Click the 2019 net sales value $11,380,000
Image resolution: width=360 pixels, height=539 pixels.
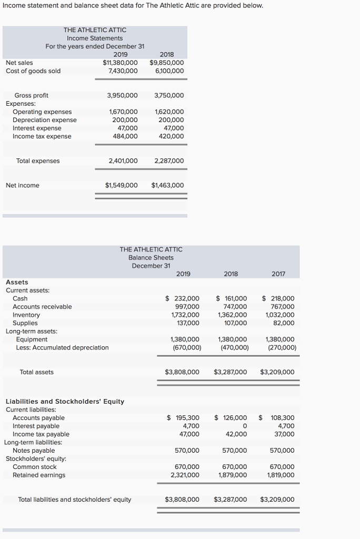[120, 63]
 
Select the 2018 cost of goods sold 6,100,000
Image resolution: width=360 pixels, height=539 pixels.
[170, 71]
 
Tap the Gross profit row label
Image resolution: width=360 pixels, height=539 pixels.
[31, 95]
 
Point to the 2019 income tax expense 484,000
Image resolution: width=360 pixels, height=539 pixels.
[125, 136]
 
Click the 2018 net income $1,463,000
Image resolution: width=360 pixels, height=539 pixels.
[167, 185]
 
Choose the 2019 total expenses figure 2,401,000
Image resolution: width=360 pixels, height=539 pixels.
[123, 161]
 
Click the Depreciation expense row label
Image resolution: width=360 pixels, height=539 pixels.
[44, 120]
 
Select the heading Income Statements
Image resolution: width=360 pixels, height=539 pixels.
[95, 38]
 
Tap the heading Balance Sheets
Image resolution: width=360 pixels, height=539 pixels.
[151, 257]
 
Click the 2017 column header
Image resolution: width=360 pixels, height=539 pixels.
[278, 274]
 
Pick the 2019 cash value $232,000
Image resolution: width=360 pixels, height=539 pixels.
[183, 298]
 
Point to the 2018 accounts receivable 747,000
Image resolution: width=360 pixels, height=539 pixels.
[235, 307]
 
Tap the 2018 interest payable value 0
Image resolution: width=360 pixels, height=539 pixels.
[244, 426]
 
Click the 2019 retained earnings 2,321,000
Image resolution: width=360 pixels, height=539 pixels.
[186, 475]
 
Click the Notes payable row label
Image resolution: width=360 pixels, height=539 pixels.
[34, 451]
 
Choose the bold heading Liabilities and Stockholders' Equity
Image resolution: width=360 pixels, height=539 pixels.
[65, 402]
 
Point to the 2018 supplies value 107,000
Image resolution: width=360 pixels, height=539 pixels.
[235, 323]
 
